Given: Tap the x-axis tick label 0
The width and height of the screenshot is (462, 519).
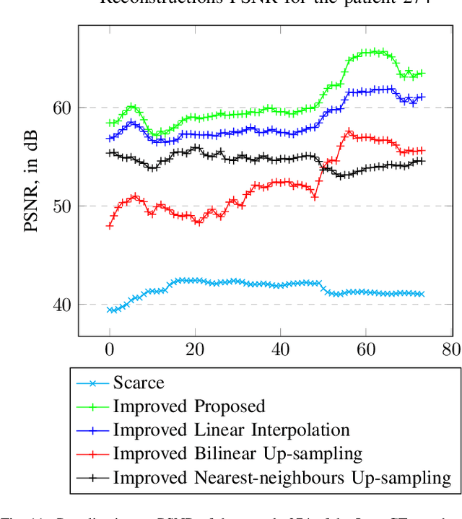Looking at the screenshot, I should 110,349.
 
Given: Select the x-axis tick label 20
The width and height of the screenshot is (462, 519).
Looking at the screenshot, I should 195,349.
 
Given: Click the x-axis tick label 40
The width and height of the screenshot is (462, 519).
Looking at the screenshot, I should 281,349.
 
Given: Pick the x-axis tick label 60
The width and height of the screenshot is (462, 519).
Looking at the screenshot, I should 366,349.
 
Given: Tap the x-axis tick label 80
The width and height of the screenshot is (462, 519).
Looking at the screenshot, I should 451,349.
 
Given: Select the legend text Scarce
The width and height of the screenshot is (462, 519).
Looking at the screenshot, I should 139,383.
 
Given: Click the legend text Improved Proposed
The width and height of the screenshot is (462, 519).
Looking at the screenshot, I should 189,406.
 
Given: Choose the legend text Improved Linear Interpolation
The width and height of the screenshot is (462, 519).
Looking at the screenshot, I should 231,430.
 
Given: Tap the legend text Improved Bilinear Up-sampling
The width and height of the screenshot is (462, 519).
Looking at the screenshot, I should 237,453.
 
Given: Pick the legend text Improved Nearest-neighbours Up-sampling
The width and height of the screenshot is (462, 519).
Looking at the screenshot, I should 282,477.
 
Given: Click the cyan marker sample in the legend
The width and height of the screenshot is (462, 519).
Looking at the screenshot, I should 92,383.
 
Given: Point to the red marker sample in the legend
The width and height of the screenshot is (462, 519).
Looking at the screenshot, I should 92,453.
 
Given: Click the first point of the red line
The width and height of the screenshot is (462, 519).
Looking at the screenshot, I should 110,226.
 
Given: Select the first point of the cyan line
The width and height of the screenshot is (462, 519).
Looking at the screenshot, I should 110,310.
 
